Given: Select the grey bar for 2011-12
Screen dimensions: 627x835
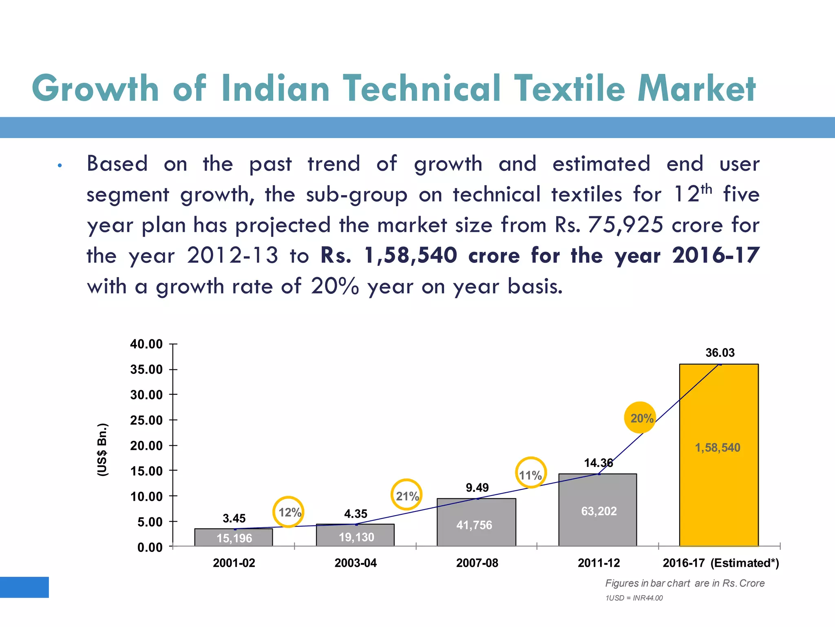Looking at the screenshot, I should click(x=597, y=527).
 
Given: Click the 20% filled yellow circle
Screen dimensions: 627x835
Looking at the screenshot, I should click(x=640, y=418).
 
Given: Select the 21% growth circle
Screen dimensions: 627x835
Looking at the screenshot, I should click(x=406, y=495).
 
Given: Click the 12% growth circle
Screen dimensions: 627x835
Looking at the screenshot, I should click(x=289, y=512).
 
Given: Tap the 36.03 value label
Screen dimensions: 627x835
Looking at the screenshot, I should click(x=720, y=353).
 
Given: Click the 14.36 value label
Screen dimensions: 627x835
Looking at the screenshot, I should click(x=598, y=463).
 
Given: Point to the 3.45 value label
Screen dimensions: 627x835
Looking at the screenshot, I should click(x=234, y=518).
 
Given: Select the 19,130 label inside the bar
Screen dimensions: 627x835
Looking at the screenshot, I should click(x=356, y=537).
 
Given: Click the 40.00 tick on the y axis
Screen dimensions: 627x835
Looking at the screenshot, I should click(x=146, y=344).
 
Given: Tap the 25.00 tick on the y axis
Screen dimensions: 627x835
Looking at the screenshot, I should click(x=146, y=420).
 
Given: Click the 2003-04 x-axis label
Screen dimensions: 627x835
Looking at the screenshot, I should click(x=356, y=563).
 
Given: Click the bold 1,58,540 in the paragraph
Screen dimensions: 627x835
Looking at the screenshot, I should click(x=410, y=256).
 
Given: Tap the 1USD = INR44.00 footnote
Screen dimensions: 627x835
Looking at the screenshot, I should click(x=634, y=598).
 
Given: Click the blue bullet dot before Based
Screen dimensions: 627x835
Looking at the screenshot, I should click(x=60, y=166).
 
